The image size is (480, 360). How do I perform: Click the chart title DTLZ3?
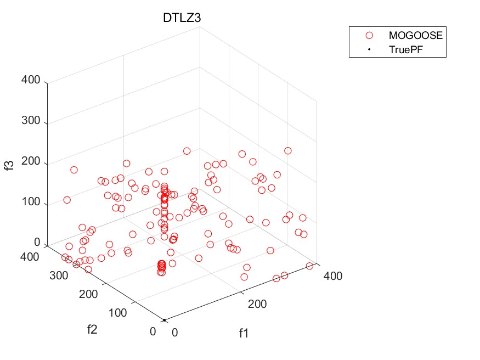[182, 17]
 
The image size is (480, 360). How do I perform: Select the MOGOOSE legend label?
[415, 35]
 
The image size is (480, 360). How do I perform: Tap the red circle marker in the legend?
[369, 35]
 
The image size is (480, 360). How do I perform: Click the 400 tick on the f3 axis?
[31, 81]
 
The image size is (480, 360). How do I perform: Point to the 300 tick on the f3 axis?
[31, 121]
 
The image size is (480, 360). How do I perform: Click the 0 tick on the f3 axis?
[37, 243]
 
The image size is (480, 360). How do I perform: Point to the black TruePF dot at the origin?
[164, 319]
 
